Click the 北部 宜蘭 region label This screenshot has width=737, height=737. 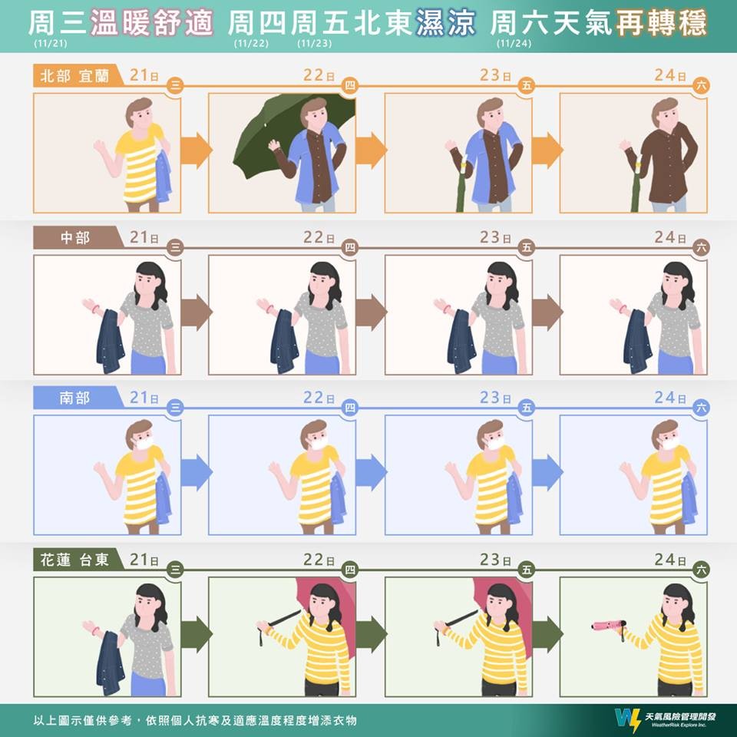74,76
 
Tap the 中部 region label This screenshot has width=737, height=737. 75,238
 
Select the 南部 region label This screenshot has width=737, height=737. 74,398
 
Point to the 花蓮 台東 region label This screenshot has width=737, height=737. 74,560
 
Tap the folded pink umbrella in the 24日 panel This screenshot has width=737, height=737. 609,626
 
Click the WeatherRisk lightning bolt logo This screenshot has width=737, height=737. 627,719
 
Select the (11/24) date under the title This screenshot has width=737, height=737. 514,43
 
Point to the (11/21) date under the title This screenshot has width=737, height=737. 51,43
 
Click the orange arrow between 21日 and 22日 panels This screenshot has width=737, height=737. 196,150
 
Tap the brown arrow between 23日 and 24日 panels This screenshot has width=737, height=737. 547,312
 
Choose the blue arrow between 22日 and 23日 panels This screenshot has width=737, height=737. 371,472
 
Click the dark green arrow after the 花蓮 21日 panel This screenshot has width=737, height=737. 196,634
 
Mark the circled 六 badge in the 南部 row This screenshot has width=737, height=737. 701,408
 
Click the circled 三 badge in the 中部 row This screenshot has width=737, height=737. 175,248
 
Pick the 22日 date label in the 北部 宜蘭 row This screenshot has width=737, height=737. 318,74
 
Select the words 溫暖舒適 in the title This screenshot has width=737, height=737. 151,23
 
